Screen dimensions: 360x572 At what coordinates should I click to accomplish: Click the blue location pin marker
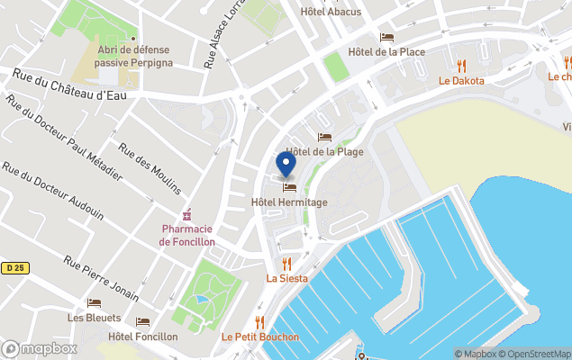click(286, 164)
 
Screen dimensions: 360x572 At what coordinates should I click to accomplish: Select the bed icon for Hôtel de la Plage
click(324, 137)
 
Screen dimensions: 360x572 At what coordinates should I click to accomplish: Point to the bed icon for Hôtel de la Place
click(386, 38)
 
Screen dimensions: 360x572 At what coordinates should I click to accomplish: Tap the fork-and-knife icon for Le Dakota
click(461, 66)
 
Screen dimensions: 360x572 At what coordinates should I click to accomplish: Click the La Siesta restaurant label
click(286, 278)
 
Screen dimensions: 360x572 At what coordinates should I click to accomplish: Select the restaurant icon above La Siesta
click(286, 263)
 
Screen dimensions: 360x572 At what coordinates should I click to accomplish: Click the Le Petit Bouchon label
click(260, 337)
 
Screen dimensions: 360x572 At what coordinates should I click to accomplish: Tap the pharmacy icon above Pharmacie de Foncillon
click(187, 215)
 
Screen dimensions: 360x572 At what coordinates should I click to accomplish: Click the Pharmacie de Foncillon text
click(187, 236)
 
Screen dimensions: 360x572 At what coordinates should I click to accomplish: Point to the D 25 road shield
click(13, 267)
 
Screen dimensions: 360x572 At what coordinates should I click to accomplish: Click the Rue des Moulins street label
click(150, 169)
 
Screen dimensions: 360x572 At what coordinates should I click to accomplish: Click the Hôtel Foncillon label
click(142, 337)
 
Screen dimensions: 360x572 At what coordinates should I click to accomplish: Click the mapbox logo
click(40, 348)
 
